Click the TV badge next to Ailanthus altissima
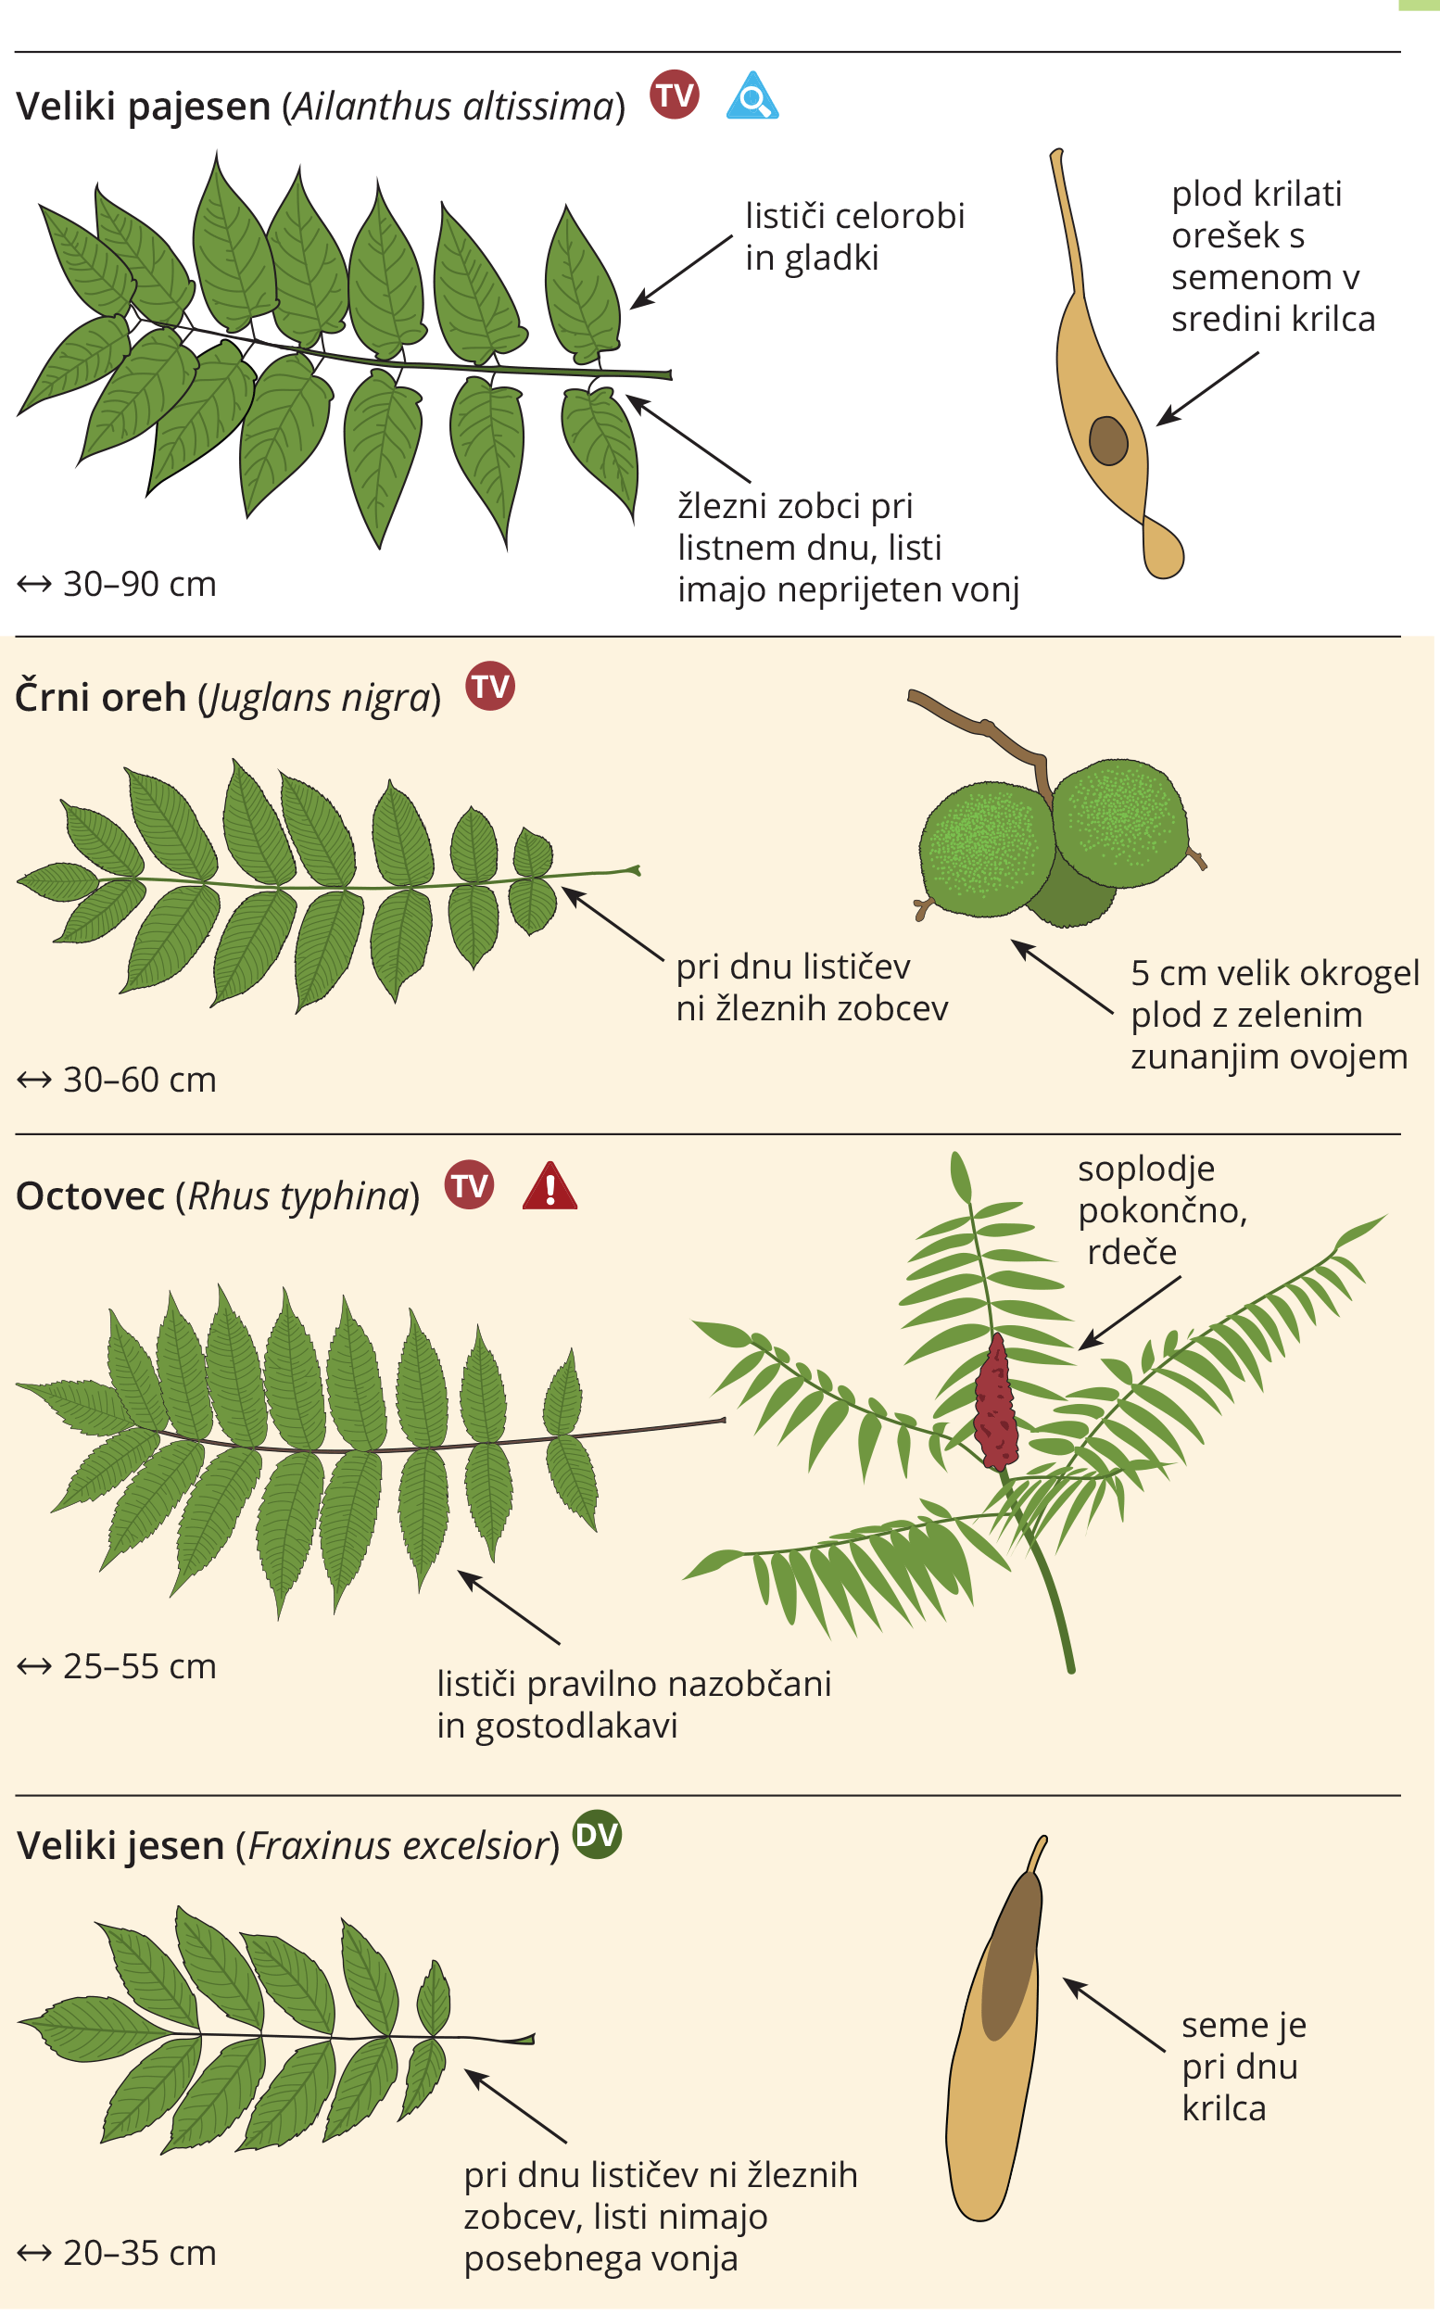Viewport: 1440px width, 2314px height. point(675,95)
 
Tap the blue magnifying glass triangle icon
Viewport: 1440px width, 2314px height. point(752,96)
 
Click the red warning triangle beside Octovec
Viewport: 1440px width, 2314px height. point(550,1186)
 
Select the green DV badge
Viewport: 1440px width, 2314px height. point(597,1834)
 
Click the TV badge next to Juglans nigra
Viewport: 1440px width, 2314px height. point(490,686)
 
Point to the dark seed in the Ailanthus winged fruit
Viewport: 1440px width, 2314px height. point(1108,440)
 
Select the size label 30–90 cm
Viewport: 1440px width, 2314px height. point(117,584)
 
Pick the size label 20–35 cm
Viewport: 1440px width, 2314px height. point(117,2253)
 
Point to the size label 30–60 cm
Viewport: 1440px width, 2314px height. point(117,1080)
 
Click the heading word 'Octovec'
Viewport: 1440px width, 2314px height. point(91,1196)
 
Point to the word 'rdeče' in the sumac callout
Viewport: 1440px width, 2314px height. point(1131,1251)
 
